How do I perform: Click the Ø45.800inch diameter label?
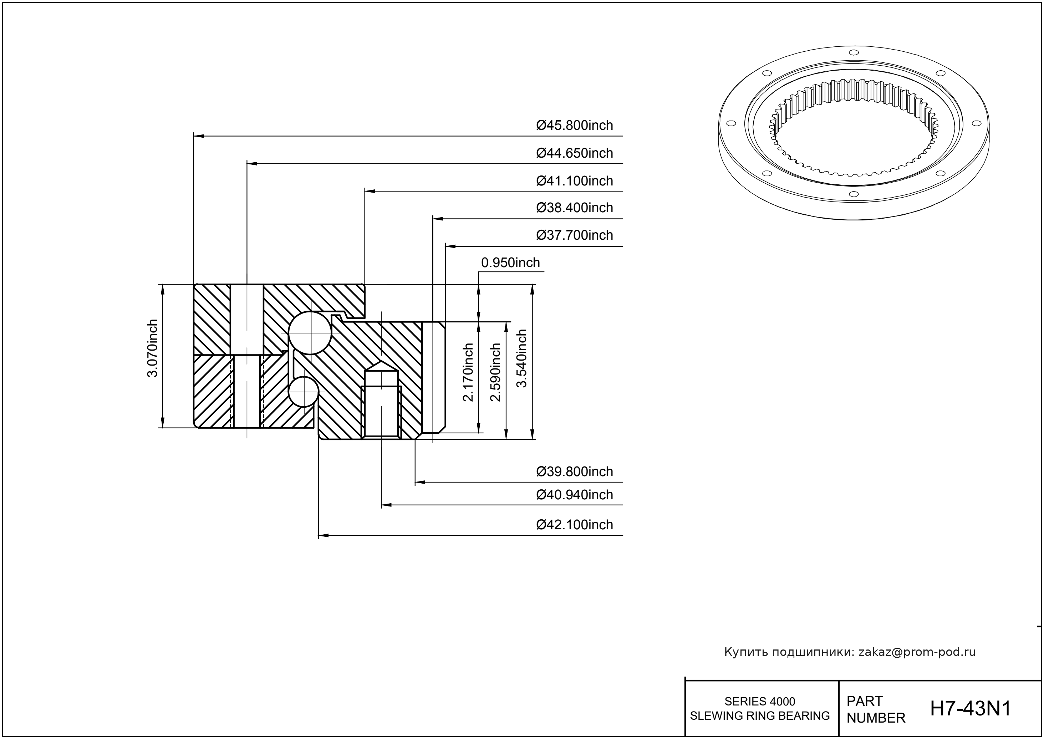(x=574, y=125)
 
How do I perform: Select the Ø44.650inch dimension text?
(x=574, y=153)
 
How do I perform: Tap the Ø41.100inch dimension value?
(x=574, y=181)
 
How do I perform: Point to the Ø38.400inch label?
(x=574, y=208)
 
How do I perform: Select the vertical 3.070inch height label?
(x=152, y=348)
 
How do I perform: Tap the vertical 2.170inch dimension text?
(x=468, y=372)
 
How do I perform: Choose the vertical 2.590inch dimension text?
(x=495, y=372)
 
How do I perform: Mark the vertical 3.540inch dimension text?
(x=521, y=358)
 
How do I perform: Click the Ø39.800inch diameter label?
(x=574, y=472)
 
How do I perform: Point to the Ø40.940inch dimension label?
(x=574, y=495)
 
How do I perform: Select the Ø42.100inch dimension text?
(x=574, y=525)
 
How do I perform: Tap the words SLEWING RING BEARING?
(x=760, y=716)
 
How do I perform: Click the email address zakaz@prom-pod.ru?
(x=917, y=652)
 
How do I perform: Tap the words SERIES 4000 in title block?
(x=760, y=701)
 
